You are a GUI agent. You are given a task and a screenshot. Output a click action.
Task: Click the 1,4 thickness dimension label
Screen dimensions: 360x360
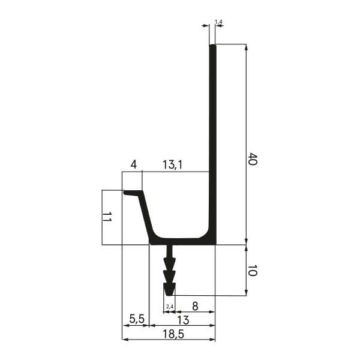click(x=218, y=22)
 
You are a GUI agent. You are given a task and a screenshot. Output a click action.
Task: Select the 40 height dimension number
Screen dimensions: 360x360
click(x=253, y=158)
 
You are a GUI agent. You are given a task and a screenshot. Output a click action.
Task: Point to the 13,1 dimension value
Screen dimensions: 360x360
click(x=173, y=164)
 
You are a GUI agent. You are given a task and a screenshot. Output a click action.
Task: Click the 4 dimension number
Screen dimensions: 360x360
click(x=134, y=164)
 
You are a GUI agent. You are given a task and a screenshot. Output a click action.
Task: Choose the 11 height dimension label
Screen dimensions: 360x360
click(x=107, y=217)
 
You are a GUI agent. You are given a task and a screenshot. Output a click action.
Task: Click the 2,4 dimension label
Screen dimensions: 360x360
click(x=170, y=307)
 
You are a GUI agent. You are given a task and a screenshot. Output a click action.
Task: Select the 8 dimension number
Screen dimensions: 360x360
click(x=195, y=306)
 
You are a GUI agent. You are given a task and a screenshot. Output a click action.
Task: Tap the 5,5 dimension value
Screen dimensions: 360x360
click(x=137, y=319)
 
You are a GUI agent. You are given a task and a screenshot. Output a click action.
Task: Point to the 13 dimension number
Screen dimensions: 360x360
click(x=183, y=320)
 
